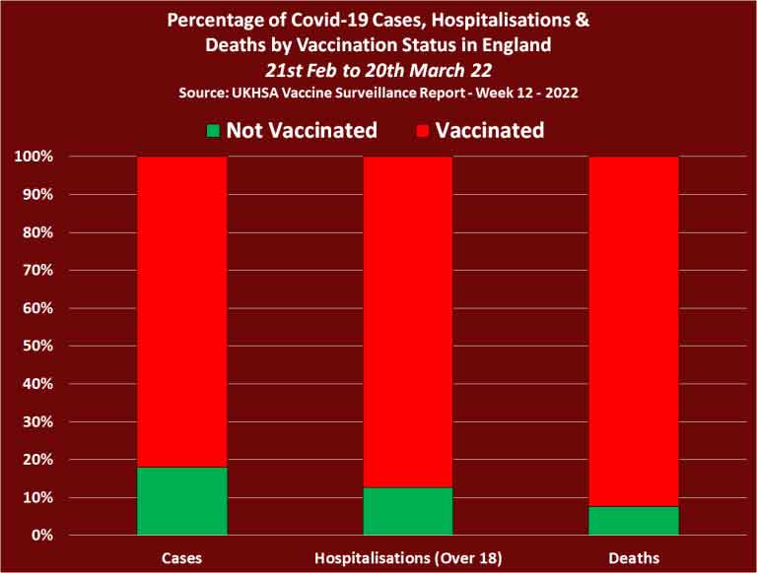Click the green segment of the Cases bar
click(x=181, y=501)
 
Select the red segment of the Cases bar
click(x=181, y=311)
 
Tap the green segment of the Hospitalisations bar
click(x=408, y=511)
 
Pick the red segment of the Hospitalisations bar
click(x=408, y=321)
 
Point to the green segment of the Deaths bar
click(x=634, y=521)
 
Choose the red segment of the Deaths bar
click(x=634, y=331)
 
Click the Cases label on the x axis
click(x=181, y=558)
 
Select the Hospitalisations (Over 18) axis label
click(x=408, y=558)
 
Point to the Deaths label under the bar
click(x=634, y=558)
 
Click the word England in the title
click(x=516, y=44)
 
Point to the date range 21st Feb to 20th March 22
click(x=378, y=69)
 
